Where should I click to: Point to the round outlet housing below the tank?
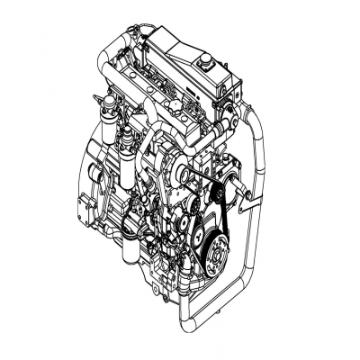coord(229,114)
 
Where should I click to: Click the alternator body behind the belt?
coord(236,194)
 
